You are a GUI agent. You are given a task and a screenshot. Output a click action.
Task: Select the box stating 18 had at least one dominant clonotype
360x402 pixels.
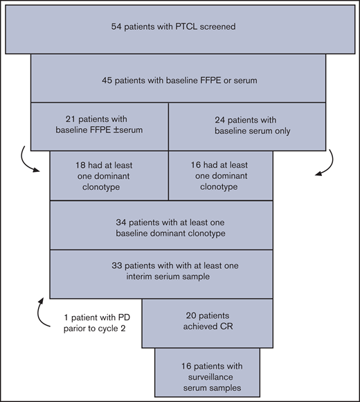point(109,175)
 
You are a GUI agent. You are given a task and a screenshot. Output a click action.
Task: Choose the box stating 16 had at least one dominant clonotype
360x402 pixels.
point(220,175)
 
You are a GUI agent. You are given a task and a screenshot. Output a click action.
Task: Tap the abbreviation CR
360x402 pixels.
point(225,329)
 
